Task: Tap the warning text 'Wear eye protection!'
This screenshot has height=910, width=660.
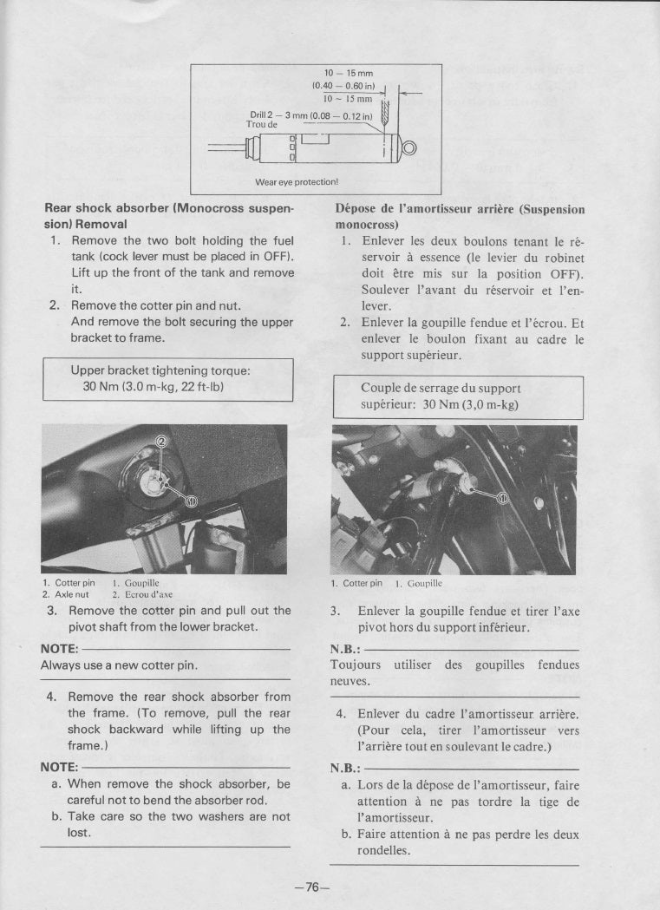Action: tap(296, 182)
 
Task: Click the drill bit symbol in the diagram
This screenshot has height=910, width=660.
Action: tap(385, 111)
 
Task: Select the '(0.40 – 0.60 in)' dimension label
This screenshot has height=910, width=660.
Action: tap(343, 85)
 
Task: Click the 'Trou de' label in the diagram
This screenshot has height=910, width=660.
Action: tap(261, 124)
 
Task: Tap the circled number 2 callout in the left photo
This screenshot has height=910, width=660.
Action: tap(160, 442)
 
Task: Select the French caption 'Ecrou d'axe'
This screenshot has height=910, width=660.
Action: tap(143, 594)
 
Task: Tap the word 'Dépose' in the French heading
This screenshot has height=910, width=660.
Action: tap(356, 209)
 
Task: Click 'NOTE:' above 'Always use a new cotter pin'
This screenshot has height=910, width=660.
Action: tap(60, 649)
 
